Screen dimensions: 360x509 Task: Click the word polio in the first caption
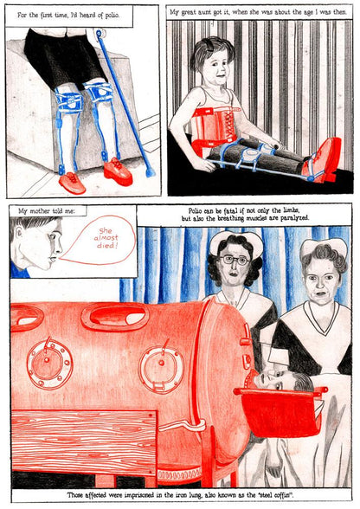pyautogui.click(x=112, y=16)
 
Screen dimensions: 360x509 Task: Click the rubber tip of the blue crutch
pyautogui.click(x=150, y=171)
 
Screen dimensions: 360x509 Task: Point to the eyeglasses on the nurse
pyautogui.click(x=235, y=260)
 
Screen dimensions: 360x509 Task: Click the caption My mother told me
pyautogui.click(x=46, y=211)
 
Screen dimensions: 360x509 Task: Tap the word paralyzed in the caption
pyautogui.click(x=295, y=218)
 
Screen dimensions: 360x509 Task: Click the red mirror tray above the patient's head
pyautogui.click(x=280, y=412)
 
